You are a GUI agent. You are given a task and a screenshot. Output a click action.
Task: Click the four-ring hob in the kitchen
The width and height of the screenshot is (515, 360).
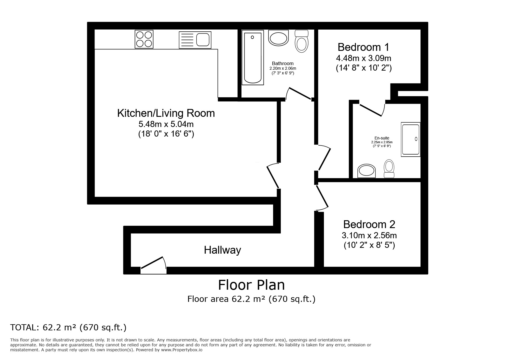[x=144, y=39]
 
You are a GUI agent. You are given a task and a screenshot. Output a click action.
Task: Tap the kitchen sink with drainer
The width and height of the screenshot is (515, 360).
[x=195, y=40]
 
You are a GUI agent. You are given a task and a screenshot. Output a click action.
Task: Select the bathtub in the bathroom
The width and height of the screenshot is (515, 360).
[x=253, y=59]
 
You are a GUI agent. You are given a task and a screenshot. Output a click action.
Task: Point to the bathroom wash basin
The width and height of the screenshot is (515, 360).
[x=279, y=38]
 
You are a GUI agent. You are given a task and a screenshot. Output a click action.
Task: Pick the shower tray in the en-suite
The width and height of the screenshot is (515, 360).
[x=411, y=139]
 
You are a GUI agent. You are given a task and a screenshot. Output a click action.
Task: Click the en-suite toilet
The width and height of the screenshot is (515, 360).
[x=389, y=169]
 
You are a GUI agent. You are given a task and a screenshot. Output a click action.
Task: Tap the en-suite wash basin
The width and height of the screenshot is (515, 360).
[x=366, y=171]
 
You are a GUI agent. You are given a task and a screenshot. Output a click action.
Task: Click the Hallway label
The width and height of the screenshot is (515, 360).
[x=222, y=250]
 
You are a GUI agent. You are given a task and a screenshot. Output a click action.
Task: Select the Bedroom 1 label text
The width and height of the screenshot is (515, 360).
[x=363, y=47]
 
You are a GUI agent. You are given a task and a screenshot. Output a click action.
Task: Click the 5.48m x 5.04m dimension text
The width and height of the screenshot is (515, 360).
[x=166, y=124]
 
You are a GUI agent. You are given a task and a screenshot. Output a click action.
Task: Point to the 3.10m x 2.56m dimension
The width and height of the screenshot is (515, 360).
[x=369, y=235]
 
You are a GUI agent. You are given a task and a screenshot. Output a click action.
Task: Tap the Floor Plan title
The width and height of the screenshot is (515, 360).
[x=252, y=285]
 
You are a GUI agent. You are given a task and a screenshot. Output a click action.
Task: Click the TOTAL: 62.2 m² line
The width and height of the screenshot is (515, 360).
[x=68, y=327]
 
